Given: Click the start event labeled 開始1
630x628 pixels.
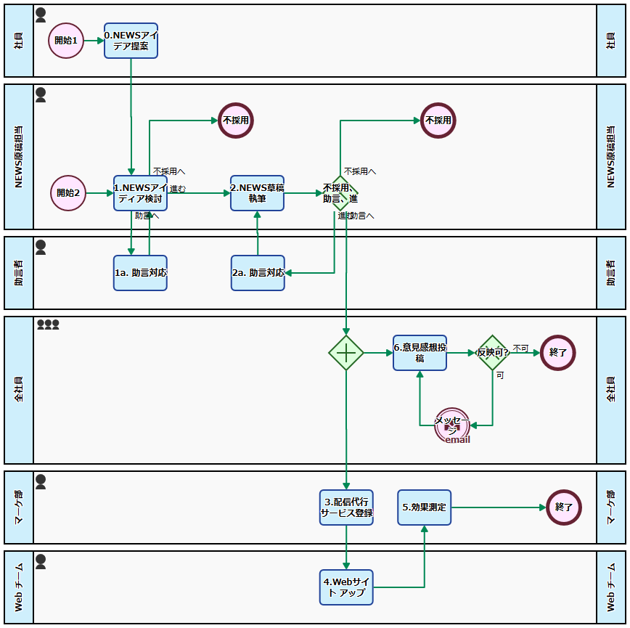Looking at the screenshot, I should tap(66, 41).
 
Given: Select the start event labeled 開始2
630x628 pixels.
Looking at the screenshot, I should tap(68, 193).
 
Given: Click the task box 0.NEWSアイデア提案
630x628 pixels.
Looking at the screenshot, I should tap(131, 41).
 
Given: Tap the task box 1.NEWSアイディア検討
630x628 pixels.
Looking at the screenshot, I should tap(140, 193).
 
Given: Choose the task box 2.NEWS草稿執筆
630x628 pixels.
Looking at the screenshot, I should tap(257, 193).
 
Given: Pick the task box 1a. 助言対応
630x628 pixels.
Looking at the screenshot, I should tap(140, 273).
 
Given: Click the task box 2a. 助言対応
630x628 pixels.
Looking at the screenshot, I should tap(258, 273).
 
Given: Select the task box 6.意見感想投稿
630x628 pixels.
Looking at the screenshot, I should tap(420, 353).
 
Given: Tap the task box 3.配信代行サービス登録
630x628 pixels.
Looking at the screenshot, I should tap(346, 507).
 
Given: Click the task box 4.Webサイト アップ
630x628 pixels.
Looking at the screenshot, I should tap(346, 587).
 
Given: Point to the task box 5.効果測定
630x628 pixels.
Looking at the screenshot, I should tap(425, 507).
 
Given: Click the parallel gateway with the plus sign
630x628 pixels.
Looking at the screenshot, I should tap(346, 353).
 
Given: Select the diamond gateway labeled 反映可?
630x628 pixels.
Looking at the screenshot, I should tap(493, 353).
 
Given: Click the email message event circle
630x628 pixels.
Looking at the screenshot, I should tap(452, 425).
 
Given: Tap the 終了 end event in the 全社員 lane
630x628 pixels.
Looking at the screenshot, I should tap(558, 353).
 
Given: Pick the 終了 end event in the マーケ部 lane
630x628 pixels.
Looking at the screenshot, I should tap(563, 507).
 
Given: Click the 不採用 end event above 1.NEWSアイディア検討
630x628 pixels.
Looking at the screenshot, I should tap(236, 121).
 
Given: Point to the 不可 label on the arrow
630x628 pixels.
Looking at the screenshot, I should tap(520, 348).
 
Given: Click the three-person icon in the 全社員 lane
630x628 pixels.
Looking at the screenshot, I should tap(48, 325).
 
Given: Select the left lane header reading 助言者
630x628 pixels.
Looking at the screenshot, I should tap(19, 273).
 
